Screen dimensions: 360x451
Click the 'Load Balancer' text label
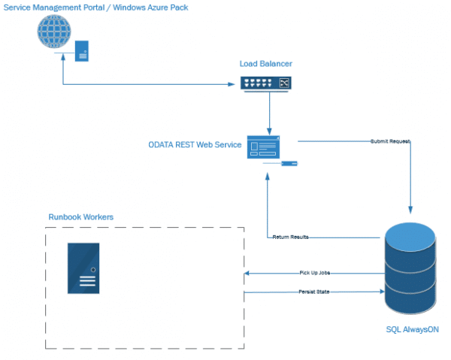click(x=266, y=63)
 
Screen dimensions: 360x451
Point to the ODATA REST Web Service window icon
click(x=265, y=146)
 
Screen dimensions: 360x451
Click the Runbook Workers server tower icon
click(x=83, y=268)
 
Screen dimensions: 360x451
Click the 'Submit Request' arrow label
click(x=389, y=141)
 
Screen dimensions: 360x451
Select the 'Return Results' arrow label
click(x=290, y=237)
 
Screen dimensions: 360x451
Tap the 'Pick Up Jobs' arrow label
click(x=315, y=273)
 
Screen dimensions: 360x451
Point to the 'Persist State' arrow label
click(x=314, y=291)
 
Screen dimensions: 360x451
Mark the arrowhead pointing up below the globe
click(x=63, y=62)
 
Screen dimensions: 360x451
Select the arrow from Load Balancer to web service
click(x=268, y=111)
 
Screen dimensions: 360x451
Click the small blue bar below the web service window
click(x=289, y=162)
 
